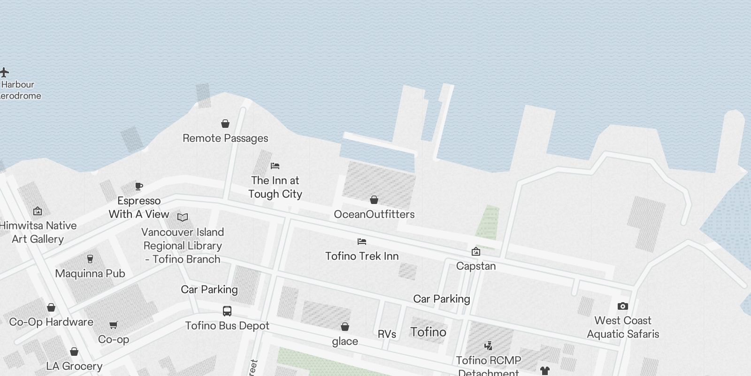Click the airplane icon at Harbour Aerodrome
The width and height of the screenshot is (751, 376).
pyautogui.click(x=5, y=72)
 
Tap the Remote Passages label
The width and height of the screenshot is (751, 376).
pyautogui.click(x=225, y=138)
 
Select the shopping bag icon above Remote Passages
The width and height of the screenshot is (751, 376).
pyautogui.click(x=225, y=124)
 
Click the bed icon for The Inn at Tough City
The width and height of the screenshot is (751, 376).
pyautogui.click(x=275, y=166)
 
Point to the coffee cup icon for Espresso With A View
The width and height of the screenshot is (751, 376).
pyautogui.click(x=139, y=186)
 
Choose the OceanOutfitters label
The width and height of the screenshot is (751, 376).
pyautogui.click(x=374, y=214)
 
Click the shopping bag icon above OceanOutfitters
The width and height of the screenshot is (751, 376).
pyautogui.click(x=374, y=200)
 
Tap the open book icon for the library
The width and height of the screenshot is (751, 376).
pyautogui.click(x=183, y=217)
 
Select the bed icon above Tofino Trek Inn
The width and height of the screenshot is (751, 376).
pyautogui.click(x=361, y=242)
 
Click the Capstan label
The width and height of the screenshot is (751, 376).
pyautogui.click(x=475, y=266)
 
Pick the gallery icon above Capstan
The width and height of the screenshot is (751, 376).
pyautogui.click(x=475, y=251)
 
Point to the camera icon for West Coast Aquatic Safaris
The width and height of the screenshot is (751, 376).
pyautogui.click(x=623, y=306)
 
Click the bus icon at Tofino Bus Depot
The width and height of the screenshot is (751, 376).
pyautogui.click(x=227, y=311)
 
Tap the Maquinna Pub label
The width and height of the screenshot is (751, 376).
pyautogui.click(x=90, y=274)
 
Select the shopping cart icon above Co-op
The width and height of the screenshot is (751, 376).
pyautogui.click(x=113, y=325)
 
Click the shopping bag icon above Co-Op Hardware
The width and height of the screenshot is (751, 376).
pyautogui.click(x=51, y=307)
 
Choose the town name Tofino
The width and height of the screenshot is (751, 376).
pyautogui.click(x=428, y=332)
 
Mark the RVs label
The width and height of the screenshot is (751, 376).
pyautogui.click(x=387, y=334)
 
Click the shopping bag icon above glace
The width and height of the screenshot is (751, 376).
pyautogui.click(x=345, y=327)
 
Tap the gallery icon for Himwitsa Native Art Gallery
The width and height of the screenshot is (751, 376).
pyautogui.click(x=38, y=211)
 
